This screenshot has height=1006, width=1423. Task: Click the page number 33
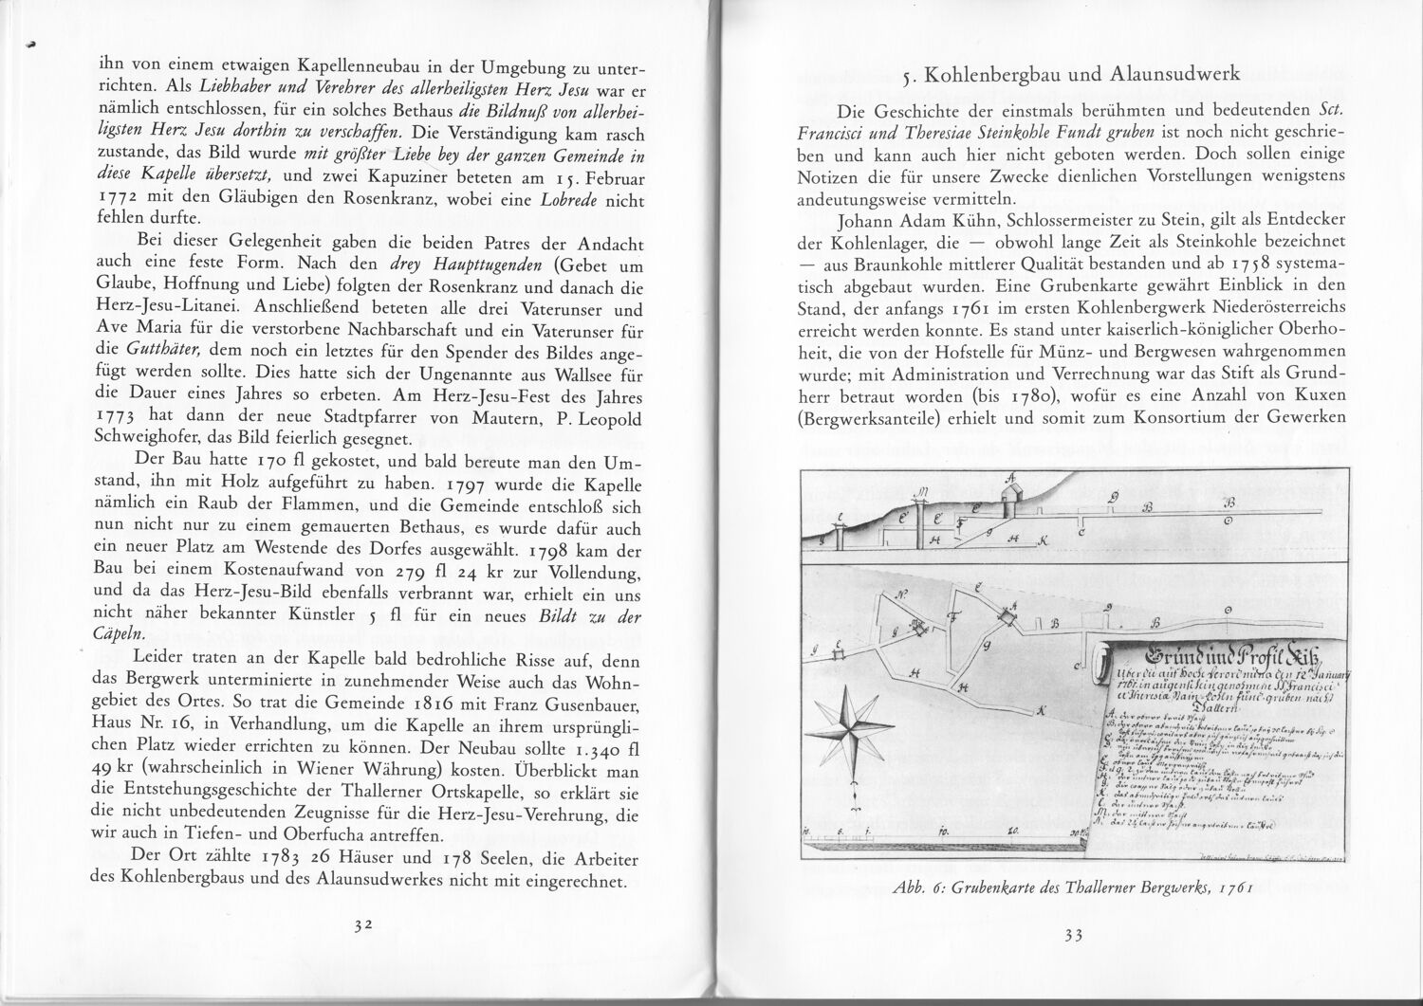pyautogui.click(x=1074, y=935)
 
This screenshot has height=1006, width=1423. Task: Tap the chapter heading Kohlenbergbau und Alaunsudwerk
pyautogui.click(x=1081, y=76)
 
